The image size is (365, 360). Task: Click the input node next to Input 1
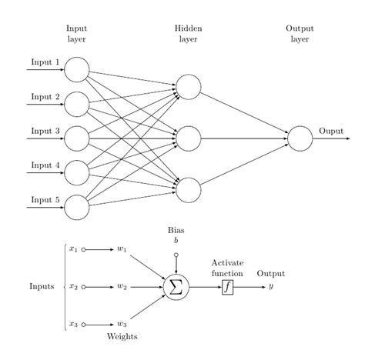tap(77, 69)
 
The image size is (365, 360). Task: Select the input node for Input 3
tap(77, 138)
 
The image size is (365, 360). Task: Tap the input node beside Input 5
tap(77, 208)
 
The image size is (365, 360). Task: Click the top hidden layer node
tap(189, 86)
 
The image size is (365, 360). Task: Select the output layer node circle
tap(300, 138)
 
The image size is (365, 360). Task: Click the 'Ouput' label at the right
tap(332, 131)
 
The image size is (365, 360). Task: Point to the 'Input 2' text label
tap(45, 97)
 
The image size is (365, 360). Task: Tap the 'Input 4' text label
tap(45, 165)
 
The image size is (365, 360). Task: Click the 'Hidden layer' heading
tap(189, 32)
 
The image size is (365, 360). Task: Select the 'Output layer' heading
tap(300, 32)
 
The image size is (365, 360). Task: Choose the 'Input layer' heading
tap(77, 32)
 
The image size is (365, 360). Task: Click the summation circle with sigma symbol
tap(176, 288)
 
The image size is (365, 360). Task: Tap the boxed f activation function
tap(227, 288)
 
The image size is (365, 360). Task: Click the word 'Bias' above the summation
tap(176, 230)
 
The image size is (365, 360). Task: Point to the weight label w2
tap(122, 288)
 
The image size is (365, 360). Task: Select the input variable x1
tap(73, 249)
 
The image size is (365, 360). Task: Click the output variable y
tap(270, 288)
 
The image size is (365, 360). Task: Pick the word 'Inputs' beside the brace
tap(42, 288)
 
